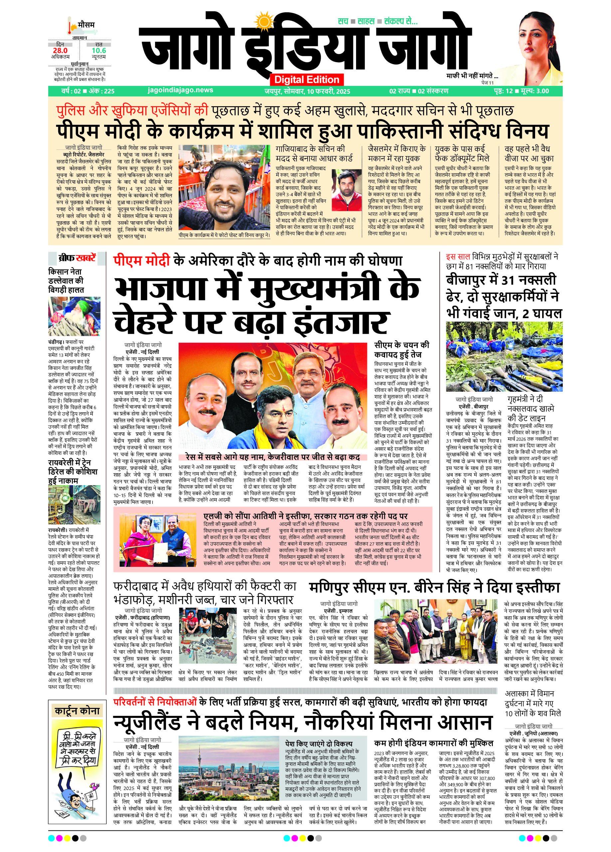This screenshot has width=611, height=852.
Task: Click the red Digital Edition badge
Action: pos(306,80)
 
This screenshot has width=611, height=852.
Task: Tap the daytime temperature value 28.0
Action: pos(60,50)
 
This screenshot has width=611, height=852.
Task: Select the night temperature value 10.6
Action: pos(99,50)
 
